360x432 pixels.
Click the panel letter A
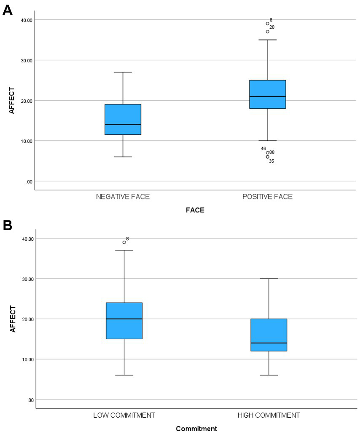7,10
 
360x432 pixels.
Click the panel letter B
7,225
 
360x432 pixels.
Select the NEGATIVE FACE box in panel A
123,119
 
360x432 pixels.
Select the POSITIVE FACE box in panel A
267,94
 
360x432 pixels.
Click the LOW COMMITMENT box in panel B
124,320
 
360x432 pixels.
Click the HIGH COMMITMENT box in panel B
269,335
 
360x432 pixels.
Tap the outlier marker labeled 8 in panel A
267,24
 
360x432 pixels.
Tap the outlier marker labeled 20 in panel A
267,32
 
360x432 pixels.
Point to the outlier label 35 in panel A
271,161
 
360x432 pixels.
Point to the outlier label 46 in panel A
263,148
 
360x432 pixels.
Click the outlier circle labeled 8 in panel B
124,242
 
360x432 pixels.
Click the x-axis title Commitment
196,429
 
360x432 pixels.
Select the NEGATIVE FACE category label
123,197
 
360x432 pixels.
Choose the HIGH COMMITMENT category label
269,415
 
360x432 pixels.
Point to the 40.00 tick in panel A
27,20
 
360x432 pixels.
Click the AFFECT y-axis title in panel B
13,319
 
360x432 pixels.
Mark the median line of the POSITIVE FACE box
267,97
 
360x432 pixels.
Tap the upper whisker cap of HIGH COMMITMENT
269,279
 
